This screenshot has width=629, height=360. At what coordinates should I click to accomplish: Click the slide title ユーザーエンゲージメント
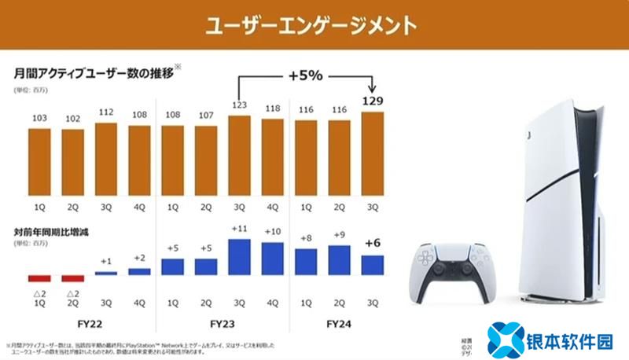[x=311, y=25]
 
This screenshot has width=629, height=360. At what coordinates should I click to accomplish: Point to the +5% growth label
[x=304, y=76]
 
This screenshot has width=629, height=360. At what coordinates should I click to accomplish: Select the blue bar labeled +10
[x=273, y=259]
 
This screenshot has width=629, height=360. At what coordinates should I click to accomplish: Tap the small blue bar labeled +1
[x=105, y=273]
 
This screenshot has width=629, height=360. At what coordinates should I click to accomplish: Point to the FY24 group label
[x=340, y=322]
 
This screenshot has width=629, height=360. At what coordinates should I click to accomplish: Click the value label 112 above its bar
[x=105, y=110]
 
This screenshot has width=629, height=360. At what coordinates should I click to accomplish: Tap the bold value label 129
[x=374, y=101]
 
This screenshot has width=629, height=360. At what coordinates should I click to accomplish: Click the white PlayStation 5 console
[x=562, y=204]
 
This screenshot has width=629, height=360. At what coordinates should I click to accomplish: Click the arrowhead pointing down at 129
[x=374, y=86]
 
